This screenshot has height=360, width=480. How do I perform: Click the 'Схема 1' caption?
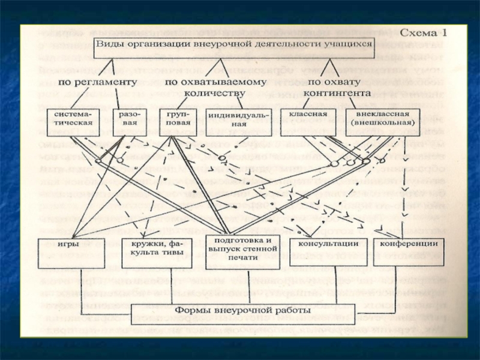(424, 33)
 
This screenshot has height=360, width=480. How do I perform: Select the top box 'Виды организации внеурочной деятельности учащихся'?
(235, 46)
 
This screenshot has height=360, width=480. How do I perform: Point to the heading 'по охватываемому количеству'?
(205, 86)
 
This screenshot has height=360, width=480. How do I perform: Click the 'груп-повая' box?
(174, 118)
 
